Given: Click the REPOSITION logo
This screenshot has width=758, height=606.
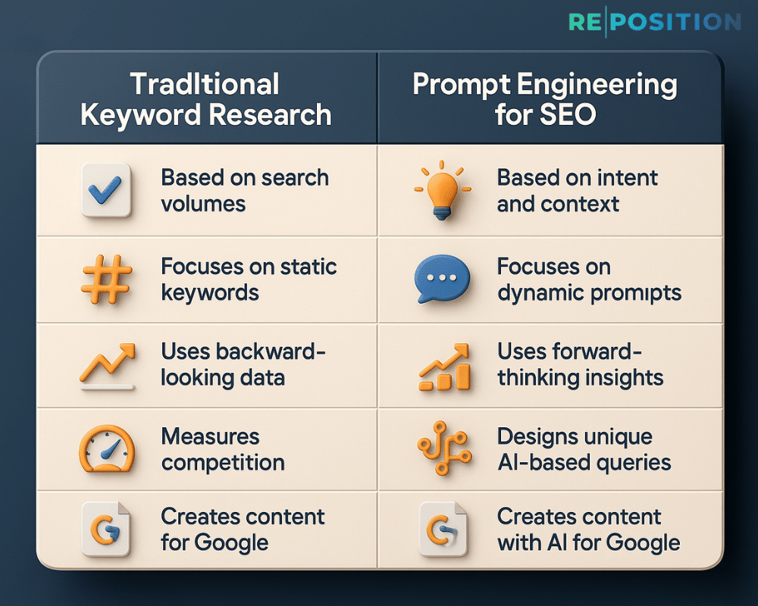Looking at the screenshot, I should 653,22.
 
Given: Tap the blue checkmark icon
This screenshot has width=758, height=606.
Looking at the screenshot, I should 106,191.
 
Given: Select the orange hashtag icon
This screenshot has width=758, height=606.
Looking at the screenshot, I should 106,280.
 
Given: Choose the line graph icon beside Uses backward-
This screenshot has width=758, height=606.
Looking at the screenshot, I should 107,366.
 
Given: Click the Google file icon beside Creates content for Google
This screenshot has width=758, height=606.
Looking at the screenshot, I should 107,530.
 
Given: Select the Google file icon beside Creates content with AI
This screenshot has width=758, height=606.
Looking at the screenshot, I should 442,530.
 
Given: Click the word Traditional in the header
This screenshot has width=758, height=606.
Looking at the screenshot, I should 205,84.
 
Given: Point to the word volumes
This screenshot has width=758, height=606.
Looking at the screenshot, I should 203,205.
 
